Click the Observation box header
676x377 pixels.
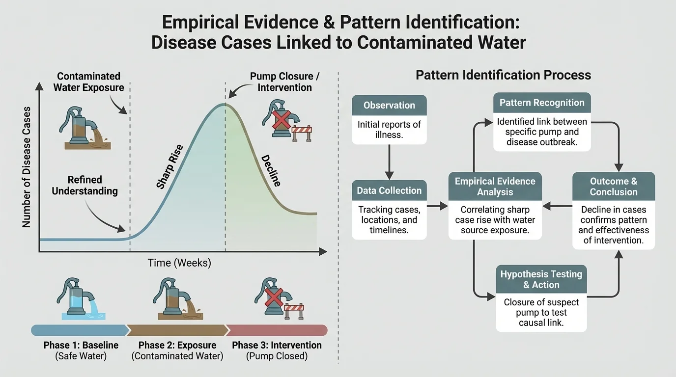(389, 105)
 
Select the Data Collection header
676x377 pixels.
(389, 190)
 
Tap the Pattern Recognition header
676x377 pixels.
(542, 103)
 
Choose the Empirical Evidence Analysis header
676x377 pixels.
(495, 187)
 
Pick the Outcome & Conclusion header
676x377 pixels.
(614, 187)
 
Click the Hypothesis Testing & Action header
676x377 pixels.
(541, 279)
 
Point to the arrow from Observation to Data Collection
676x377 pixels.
(389, 162)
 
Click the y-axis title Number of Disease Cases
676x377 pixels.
(27, 166)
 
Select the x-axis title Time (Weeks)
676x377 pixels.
(179, 263)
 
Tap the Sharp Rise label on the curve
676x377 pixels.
(169, 166)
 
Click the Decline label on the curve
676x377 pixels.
(271, 170)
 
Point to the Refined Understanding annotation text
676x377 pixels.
(84, 185)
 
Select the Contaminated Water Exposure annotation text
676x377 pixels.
(88, 82)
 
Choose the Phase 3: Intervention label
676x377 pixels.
(277, 345)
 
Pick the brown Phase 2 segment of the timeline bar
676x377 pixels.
(177, 330)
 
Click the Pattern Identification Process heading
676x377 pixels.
(503, 75)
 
